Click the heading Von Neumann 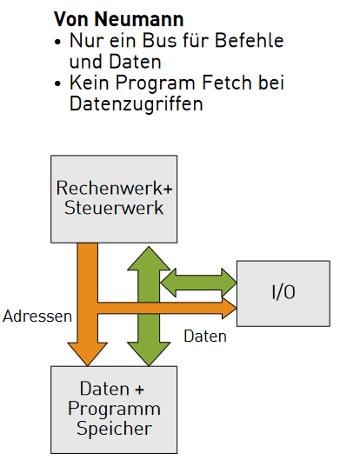pos(118,19)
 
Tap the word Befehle pos(249,40)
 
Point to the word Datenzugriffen pos(137,103)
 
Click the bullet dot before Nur pos(57,42)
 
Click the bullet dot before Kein pos(57,83)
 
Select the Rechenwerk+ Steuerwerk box pos(114,199)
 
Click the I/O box pos(283,293)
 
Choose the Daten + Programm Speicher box pos(114,410)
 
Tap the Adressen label pos(37,317)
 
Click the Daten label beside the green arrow pos(205,337)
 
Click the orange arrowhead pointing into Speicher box pos(88,354)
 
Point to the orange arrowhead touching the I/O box pos(230,308)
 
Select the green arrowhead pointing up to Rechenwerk pos(149,258)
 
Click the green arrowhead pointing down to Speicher pos(149,354)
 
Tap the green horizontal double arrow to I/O pos(199,283)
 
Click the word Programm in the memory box pos(114,409)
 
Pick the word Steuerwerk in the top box pos(114,208)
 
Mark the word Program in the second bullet pos(155,83)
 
